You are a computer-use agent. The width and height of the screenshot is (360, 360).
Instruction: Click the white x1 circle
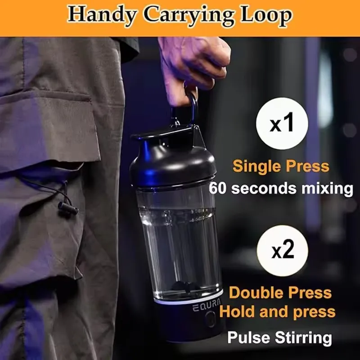282,124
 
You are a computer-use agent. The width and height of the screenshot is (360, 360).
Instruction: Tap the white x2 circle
282,251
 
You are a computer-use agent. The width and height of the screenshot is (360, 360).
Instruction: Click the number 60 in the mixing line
219,188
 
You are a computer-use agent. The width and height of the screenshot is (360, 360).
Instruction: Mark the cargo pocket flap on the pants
49,126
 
